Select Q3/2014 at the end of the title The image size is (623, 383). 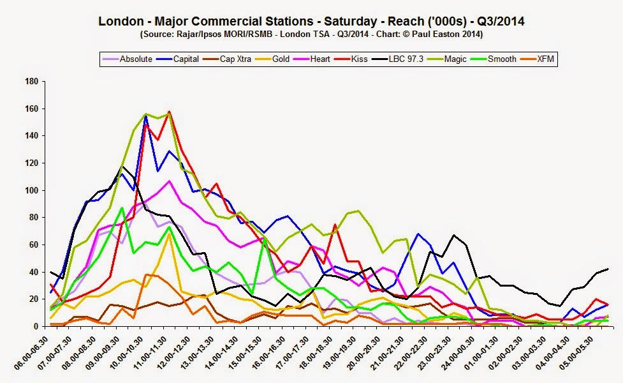(501, 21)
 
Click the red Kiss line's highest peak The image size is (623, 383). (169, 112)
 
